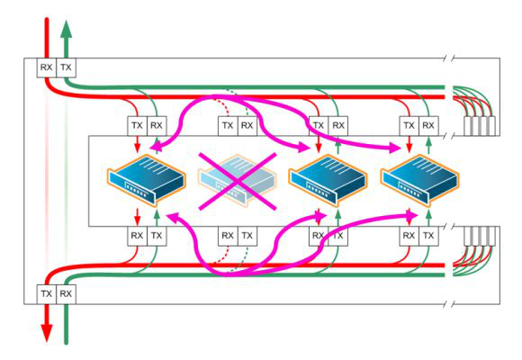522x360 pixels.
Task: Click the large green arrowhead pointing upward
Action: [x=67, y=29]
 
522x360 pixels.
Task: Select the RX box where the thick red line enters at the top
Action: [x=46, y=67]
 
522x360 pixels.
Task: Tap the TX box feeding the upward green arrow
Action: [x=66, y=67]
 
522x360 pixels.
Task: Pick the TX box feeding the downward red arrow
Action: [x=46, y=294]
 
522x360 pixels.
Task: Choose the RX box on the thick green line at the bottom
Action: [x=66, y=294]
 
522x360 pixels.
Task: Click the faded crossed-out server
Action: [x=237, y=180]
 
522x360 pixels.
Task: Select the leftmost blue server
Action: [x=147, y=180]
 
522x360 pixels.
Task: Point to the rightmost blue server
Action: [x=419, y=180]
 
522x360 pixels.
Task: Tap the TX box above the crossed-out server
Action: [x=228, y=126]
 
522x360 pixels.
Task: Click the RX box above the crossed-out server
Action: [x=247, y=126]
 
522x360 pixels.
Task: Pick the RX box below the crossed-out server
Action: [x=228, y=236]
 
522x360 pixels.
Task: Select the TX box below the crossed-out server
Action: [x=247, y=236]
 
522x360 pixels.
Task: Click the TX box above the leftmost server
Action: [x=137, y=126]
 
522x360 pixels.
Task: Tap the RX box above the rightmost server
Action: [x=428, y=126]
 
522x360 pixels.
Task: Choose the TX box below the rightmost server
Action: [x=428, y=236]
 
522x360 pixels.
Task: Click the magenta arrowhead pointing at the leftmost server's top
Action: [x=156, y=147]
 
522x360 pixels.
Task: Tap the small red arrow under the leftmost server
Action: [x=137, y=217]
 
